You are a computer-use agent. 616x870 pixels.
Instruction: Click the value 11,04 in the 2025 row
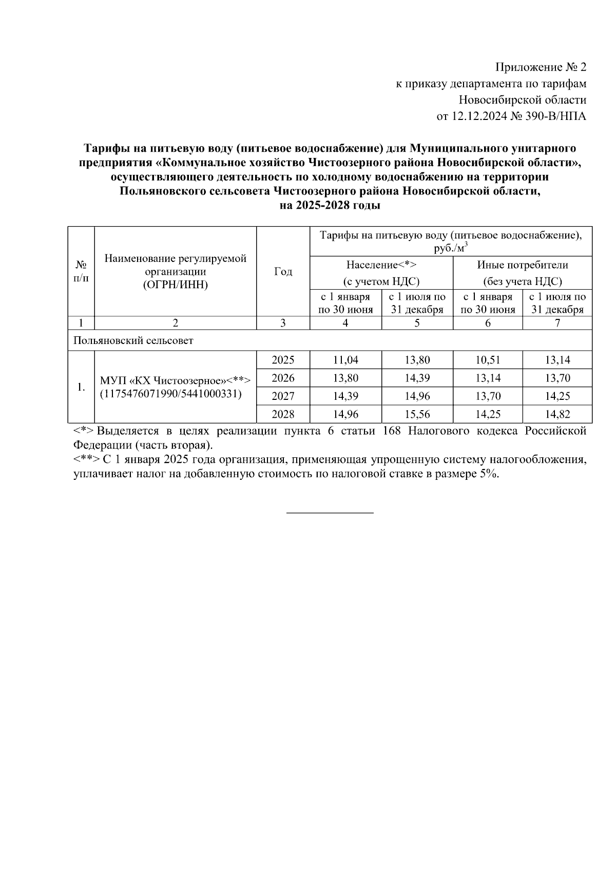(345, 360)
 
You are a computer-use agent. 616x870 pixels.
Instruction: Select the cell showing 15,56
(417, 414)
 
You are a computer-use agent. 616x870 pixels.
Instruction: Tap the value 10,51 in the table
(488, 360)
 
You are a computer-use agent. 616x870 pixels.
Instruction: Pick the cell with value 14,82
(557, 414)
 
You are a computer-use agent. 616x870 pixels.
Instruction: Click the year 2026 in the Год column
(283, 378)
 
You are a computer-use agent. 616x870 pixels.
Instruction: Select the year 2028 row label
(283, 414)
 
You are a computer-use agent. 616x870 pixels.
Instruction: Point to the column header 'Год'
(283, 272)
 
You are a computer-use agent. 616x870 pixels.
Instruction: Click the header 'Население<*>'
(381, 265)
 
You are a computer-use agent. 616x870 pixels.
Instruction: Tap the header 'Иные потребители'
(522, 265)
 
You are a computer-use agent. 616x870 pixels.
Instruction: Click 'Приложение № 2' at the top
(540, 67)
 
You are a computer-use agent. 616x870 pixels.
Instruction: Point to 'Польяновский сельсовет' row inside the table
(133, 340)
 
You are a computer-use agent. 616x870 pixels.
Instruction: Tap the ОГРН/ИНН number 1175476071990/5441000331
(170, 394)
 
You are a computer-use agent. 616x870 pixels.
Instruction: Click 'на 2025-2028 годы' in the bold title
(330, 206)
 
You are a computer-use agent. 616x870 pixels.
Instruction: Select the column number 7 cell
(557, 323)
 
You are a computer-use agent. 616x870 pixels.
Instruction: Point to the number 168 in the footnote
(392, 431)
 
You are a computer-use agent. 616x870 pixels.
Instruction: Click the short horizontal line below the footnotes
(330, 512)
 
